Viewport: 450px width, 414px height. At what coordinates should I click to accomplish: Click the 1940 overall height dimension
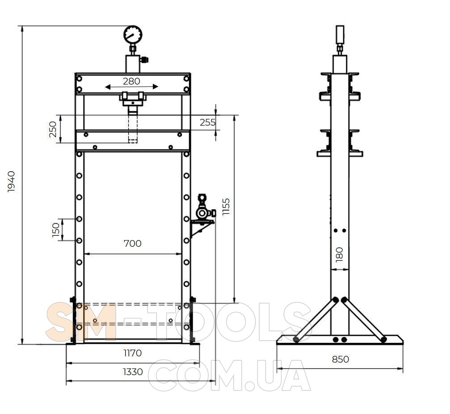pos(11,182)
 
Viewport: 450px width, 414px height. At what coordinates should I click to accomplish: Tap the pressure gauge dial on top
pos(133,35)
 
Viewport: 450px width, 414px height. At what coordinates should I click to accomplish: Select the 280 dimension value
pos(131,81)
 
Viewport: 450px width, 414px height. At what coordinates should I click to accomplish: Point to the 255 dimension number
pos(207,123)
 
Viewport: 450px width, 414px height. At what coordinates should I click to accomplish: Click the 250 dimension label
pos(53,129)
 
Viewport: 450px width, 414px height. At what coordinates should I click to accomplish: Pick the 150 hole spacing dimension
pos(56,230)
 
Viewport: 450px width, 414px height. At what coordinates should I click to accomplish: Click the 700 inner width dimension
pos(133,244)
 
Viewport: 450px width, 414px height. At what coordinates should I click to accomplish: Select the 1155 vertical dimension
pos(226,207)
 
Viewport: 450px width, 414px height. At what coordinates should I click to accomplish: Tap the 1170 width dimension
pos(133,353)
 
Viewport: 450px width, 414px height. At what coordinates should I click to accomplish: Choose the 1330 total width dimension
pos(133,372)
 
